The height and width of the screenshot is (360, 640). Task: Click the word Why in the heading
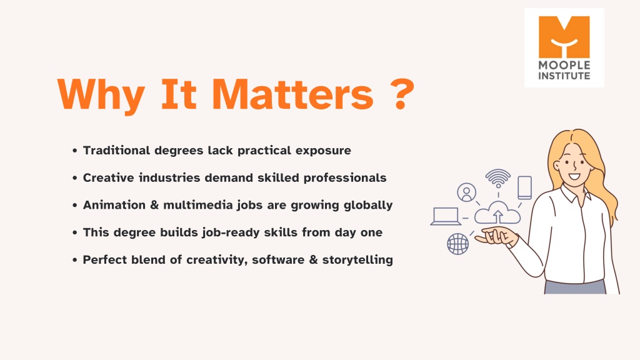(101, 95)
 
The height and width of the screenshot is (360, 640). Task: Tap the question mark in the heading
(402, 94)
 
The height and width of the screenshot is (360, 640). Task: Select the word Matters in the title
(292, 94)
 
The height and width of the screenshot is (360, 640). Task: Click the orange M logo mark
(564, 37)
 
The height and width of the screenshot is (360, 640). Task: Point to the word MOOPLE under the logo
(564, 65)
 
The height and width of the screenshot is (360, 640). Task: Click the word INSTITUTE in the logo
(564, 76)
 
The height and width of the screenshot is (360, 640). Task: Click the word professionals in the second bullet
(345, 178)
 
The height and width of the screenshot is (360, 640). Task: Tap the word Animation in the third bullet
(114, 205)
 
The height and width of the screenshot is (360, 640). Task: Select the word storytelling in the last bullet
(357, 260)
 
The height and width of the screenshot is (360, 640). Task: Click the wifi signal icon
(498, 178)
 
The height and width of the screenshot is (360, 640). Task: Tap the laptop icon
(446, 216)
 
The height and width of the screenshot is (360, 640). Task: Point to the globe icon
(458, 244)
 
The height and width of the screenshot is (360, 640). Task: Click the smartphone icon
(524, 187)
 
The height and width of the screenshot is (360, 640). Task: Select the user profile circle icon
(466, 192)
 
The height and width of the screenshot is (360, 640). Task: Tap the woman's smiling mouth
(574, 177)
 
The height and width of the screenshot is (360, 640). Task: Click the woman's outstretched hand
(495, 236)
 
